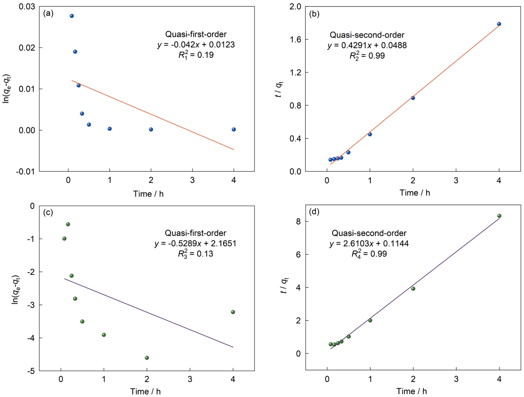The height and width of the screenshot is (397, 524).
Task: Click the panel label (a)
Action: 48,13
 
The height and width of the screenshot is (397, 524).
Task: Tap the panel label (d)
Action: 314,212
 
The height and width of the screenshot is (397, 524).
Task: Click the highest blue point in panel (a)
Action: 72,16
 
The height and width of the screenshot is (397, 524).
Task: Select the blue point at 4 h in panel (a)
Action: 234,129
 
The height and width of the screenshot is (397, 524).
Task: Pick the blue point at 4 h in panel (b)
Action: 499,24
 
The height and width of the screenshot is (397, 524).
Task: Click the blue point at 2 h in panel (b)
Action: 413,98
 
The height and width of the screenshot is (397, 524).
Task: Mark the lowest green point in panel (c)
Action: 147,358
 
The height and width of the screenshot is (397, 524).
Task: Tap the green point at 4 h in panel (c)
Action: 233,312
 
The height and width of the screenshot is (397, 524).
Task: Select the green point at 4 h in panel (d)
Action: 499,216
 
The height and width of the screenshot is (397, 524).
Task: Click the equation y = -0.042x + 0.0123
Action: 196,45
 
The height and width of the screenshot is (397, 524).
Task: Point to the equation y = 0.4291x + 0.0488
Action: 367,45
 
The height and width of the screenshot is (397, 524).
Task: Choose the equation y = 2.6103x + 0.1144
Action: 369,243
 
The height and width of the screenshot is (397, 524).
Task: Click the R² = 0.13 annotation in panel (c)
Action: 195,254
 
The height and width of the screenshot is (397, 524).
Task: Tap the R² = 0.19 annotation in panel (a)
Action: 196,55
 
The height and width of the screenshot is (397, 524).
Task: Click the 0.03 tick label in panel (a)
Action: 27,7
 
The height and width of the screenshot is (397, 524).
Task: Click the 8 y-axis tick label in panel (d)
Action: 298,221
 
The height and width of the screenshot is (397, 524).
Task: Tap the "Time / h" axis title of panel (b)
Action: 414,193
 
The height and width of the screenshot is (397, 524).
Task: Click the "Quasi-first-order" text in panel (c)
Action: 195,233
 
